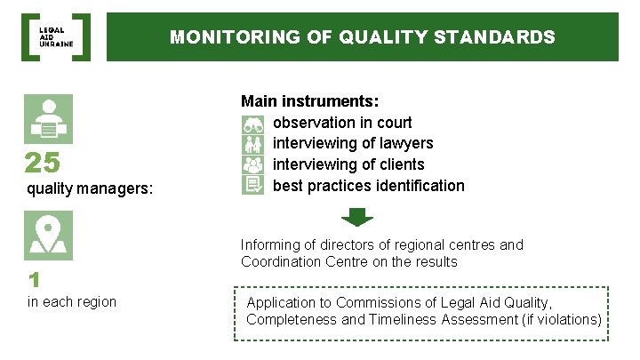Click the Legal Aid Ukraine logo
coord(55,36)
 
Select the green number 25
coord(43,164)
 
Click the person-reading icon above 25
coord(48,119)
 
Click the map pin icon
coord(48,236)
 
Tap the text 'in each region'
coord(72,302)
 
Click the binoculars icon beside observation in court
coord(252,123)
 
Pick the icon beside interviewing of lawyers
coord(252,143)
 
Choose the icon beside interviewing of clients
coord(252,164)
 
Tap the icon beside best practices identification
coord(252,185)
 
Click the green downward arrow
coord(357,216)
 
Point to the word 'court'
coord(392,123)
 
